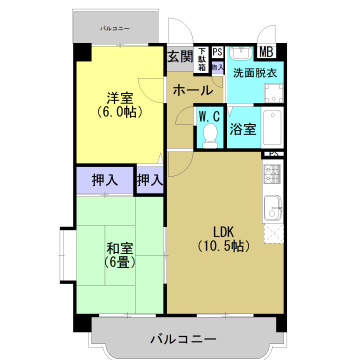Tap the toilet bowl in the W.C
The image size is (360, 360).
tap(209, 138)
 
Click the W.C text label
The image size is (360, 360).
tap(209, 117)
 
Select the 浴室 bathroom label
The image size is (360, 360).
tap(244, 129)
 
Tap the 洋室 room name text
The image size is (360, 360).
tap(120, 97)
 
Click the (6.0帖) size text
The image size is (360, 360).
tap(120, 112)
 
